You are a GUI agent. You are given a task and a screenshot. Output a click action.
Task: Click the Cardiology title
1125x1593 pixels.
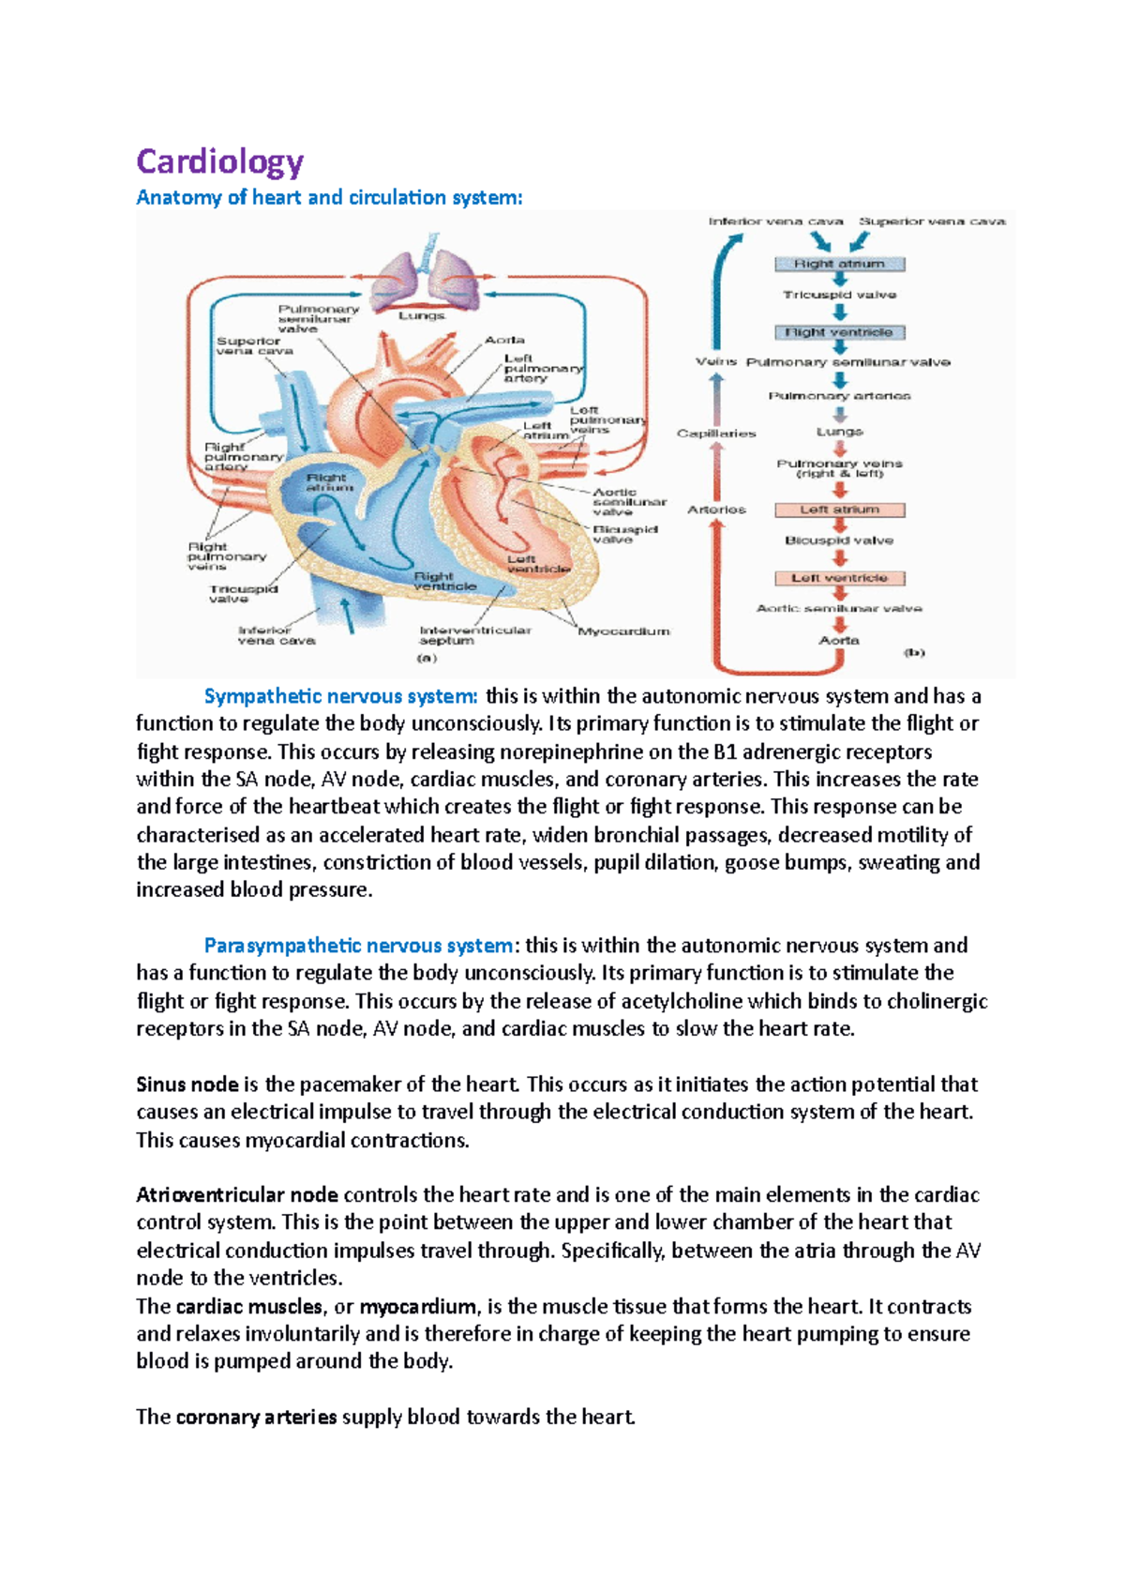219,161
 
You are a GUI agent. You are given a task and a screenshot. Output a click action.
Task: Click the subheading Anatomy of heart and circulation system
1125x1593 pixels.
329,198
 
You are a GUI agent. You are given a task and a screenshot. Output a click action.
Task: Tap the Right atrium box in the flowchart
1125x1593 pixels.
839,265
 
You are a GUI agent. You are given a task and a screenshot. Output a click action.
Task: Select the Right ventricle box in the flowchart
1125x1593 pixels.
839,332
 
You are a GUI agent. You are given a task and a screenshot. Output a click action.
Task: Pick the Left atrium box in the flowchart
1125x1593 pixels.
839,510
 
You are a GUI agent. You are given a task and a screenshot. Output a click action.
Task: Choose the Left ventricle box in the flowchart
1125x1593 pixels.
839,578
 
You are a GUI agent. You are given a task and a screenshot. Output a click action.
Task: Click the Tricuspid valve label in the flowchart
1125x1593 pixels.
839,295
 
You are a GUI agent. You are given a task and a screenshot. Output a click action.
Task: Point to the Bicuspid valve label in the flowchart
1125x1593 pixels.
839,540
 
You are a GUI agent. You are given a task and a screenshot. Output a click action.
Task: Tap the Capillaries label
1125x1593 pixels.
716,433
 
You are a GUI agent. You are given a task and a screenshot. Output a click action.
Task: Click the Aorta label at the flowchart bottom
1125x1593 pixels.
839,640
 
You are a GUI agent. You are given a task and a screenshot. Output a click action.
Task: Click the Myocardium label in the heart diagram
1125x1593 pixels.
623,631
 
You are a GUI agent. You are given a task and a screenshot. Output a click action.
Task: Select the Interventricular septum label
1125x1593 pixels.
474,635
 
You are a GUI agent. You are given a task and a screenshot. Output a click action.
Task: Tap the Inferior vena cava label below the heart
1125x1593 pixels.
277,635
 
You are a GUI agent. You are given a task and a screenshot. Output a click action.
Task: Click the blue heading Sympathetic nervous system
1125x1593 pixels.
341,696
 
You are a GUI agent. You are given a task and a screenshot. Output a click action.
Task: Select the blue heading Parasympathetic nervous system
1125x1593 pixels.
358,946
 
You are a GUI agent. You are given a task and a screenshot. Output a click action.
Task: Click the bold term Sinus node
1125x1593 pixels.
187,1085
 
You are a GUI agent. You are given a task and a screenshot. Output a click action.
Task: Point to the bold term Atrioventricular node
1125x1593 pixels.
237,1195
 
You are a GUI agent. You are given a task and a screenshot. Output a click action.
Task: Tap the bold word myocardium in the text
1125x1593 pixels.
418,1307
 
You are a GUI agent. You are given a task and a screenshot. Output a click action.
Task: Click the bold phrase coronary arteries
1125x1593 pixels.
256,1418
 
